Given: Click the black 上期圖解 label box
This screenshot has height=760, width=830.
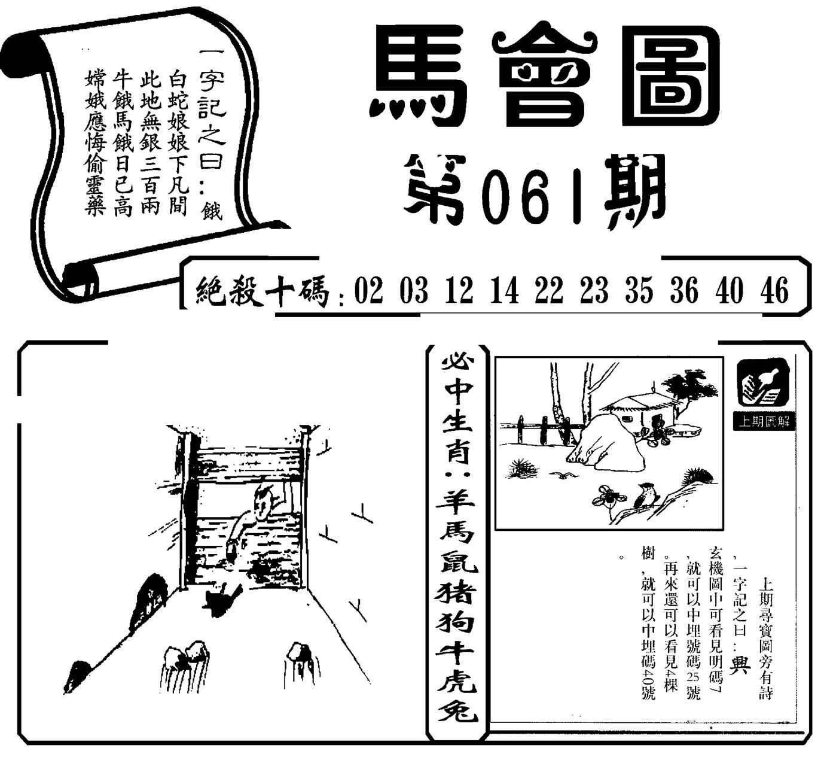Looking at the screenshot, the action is click(x=764, y=422).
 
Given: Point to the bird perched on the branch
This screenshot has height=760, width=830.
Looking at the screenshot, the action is click(x=643, y=495).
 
